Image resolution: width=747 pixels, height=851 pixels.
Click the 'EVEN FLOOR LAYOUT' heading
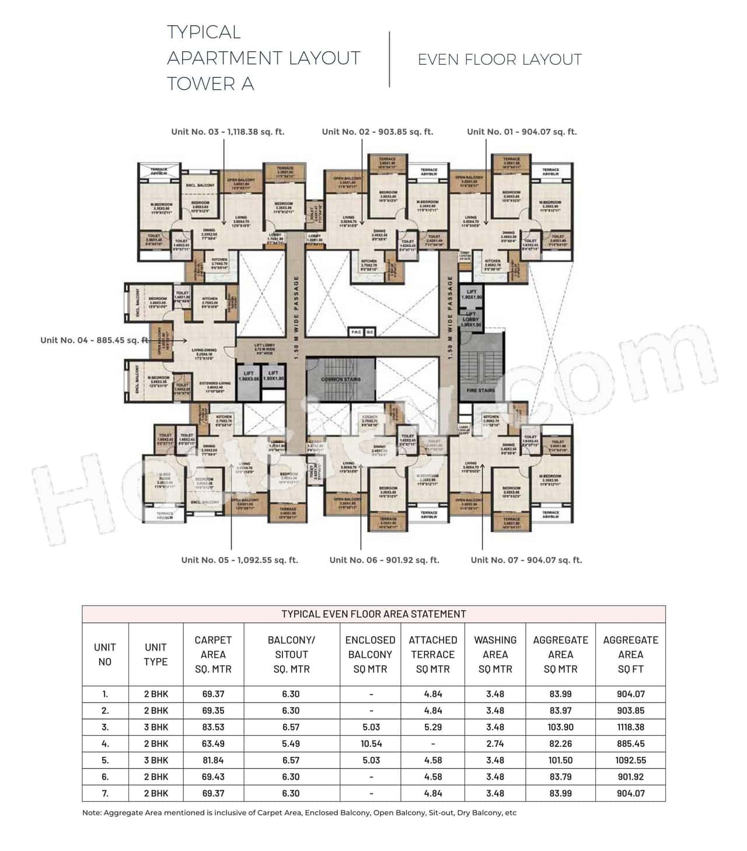pos(500,60)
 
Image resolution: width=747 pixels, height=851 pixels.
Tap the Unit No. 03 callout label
pos(228,132)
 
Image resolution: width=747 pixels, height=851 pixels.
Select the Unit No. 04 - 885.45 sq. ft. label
pos(94,340)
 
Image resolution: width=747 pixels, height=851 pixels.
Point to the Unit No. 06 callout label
pos(384,560)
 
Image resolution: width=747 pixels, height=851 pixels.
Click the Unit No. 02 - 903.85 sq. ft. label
pos(378,132)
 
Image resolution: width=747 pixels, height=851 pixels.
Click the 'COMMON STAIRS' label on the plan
pos(341,379)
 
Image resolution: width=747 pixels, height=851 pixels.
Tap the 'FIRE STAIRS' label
pos(481,390)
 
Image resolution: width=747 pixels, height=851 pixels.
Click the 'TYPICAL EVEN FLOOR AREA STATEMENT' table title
pos(373,614)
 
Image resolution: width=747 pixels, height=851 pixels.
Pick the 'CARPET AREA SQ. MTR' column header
pos(213,654)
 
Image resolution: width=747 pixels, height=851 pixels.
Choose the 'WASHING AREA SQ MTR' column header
pos(495,654)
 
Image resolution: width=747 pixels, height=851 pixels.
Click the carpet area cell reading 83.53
pos(213,727)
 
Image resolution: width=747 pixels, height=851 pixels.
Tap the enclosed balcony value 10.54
pos(370,744)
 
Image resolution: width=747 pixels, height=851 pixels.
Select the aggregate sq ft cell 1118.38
pos(630,727)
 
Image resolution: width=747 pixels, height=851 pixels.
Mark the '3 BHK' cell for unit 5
pos(156,760)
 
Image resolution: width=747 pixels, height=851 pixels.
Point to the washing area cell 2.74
pos(495,744)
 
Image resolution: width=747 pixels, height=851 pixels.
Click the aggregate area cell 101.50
pos(560,760)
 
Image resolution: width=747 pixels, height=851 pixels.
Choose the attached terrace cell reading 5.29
pos(432,727)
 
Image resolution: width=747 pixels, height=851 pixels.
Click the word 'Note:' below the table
pos(92,812)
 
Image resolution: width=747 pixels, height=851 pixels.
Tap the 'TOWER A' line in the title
pos(211,84)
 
